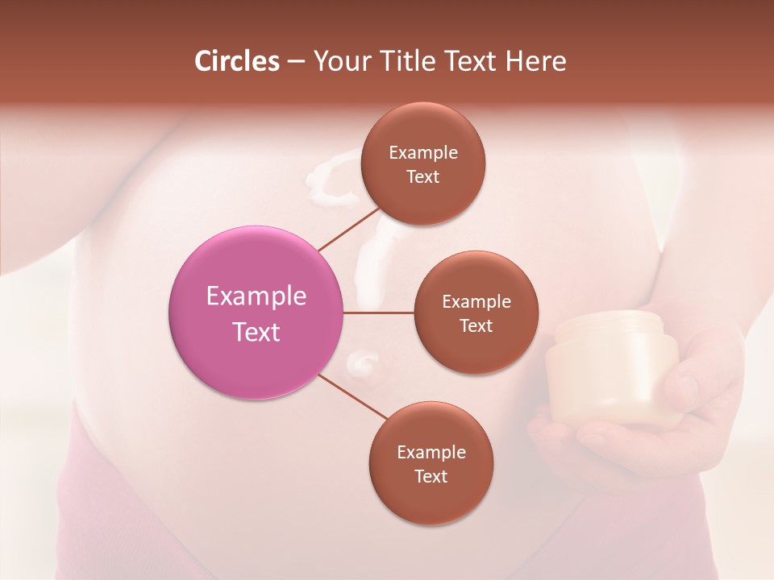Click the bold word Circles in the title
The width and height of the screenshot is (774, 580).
(x=237, y=61)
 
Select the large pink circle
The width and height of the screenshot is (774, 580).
(x=256, y=313)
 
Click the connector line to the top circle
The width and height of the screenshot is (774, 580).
(x=348, y=229)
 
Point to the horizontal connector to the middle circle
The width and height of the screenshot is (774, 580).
(x=379, y=313)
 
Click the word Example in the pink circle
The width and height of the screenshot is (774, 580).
(x=256, y=296)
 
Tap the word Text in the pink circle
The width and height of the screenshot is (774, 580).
(x=256, y=331)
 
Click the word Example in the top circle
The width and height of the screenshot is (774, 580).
(x=423, y=152)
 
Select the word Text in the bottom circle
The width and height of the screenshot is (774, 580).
(x=431, y=476)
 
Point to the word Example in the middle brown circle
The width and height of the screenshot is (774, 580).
(x=476, y=301)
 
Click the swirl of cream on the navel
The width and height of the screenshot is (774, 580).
(x=362, y=362)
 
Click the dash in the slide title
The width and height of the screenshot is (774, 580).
(x=296, y=62)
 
